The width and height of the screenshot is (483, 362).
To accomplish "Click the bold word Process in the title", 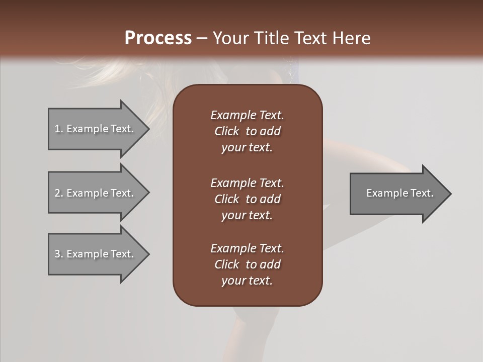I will click(158, 38).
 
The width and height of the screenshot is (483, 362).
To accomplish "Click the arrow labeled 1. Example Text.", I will click(96, 129).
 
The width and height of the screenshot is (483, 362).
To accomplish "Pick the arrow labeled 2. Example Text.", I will click(96, 193).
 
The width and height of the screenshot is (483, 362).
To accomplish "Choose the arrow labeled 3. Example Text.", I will click(96, 254).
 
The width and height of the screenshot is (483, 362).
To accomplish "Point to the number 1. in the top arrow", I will click(59, 129).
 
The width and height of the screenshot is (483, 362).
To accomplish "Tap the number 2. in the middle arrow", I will click(59, 193).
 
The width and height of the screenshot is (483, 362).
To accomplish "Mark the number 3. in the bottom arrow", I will click(59, 254).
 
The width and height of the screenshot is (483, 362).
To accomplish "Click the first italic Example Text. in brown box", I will click(247, 115).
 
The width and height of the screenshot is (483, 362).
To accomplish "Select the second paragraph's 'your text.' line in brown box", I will click(247, 215).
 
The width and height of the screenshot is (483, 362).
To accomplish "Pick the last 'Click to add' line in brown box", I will click(247, 264).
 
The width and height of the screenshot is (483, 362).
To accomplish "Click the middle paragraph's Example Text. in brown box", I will click(247, 183).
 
